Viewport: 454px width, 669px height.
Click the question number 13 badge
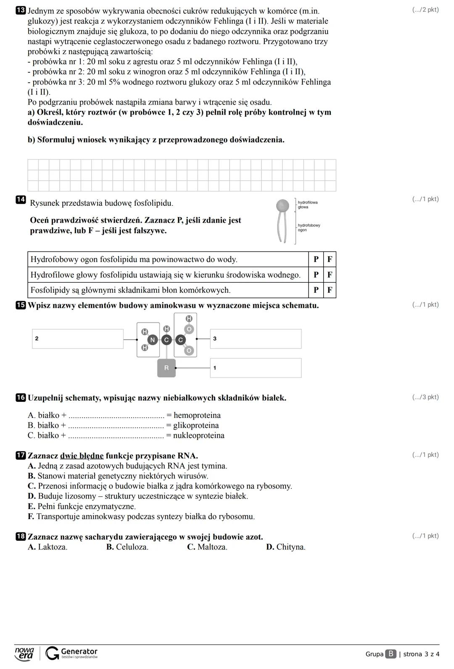tap(21, 10)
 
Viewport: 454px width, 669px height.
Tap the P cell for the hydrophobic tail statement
tap(316, 260)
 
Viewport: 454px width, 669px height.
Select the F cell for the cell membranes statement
tap(330, 290)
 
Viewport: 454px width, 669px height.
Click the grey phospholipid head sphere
tap(282, 205)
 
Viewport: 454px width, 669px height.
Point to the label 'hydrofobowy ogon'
tap(309, 228)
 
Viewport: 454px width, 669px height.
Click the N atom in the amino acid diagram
tap(153, 340)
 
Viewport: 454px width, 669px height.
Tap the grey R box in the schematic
tap(166, 368)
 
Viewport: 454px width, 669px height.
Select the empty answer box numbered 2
tap(78, 339)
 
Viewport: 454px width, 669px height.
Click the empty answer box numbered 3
tap(256, 339)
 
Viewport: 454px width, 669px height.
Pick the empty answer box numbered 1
tap(256, 368)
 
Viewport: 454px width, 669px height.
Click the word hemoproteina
tap(197, 415)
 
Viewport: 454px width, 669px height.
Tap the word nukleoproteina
tap(198, 436)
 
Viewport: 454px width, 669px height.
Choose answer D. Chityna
tap(286, 547)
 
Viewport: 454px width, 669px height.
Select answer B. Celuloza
tap(127, 547)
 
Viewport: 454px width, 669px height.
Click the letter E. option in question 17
tap(31, 506)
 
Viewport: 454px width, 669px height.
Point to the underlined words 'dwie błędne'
tap(82, 456)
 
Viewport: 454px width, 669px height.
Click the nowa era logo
tap(24, 653)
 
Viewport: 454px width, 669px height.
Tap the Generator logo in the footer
tap(72, 653)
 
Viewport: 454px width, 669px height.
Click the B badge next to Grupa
tap(391, 654)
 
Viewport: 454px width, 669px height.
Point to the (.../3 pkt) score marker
tap(425, 397)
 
